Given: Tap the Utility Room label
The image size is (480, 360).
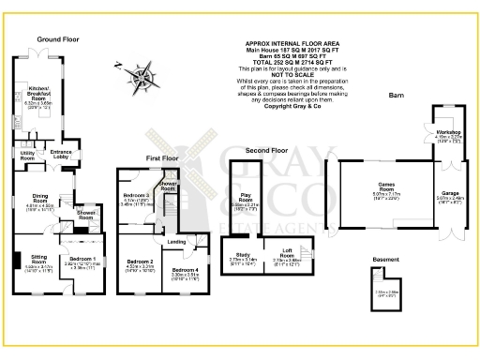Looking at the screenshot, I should (x=27, y=156).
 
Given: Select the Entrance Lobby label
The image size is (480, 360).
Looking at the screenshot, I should (x=61, y=152).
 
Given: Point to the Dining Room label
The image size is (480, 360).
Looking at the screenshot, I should (x=39, y=198).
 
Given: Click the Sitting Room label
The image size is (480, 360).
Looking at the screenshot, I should (x=38, y=256).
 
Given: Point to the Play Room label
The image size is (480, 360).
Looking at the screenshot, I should (x=245, y=200).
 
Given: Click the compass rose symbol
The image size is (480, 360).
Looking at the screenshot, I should (x=145, y=78).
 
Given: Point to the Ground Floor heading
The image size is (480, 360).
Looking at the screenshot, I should (x=58, y=39).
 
